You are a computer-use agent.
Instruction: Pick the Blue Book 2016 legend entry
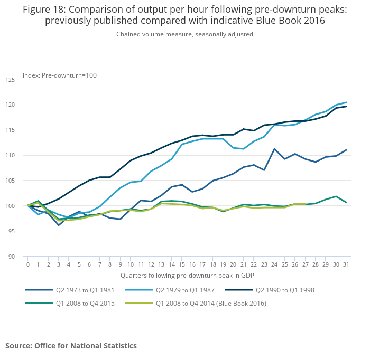[x=210, y=303]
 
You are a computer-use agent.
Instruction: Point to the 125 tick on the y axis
[x=11, y=80]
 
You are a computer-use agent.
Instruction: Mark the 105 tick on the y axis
[x=11, y=181]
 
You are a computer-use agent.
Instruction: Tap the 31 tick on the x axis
[x=346, y=264]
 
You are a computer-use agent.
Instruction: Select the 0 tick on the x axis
[x=28, y=264]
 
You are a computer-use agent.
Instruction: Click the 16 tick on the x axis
[x=192, y=264]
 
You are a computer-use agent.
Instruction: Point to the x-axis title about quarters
[x=187, y=275]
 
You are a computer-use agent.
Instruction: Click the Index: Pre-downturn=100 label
[x=60, y=75]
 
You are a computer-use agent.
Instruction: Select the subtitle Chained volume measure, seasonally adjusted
[x=185, y=34]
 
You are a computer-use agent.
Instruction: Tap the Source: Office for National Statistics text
[x=71, y=346]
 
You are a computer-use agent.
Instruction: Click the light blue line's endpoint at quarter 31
[x=346, y=102]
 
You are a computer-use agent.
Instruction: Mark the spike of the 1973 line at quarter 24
[x=274, y=149]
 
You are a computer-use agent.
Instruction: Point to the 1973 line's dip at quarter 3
[x=59, y=225]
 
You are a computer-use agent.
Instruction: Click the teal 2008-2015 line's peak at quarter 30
[x=336, y=196]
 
